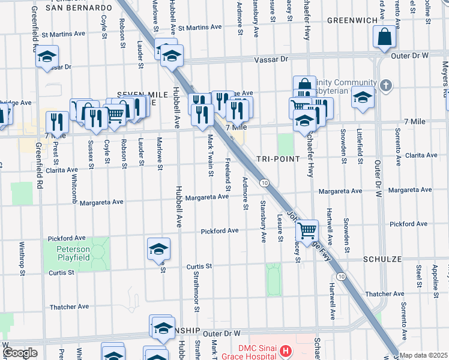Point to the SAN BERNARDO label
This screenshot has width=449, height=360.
[79, 8]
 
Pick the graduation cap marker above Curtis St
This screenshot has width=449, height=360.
[158, 249]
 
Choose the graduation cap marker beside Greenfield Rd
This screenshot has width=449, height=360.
[46, 57]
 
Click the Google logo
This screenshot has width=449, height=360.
[20, 353]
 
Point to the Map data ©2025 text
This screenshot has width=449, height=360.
[423, 355]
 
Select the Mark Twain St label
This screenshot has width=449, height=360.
[210, 155]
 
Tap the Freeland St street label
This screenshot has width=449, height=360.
[228, 171]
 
